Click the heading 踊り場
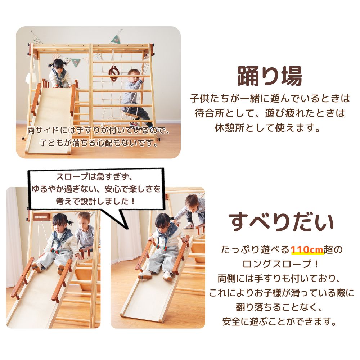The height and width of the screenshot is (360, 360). point(270,76)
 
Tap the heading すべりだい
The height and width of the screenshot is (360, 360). point(281,222)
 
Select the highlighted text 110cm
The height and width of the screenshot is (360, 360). point(307,249)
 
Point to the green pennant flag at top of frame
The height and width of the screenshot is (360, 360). point(116,40)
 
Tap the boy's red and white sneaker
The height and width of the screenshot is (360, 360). point(189,225)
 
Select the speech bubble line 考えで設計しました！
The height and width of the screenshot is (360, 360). point(96,202)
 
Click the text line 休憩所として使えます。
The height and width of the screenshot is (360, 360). point(268,128)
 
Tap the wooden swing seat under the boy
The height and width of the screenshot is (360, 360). point(130,115)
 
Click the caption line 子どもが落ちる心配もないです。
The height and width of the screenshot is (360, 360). point(99,143)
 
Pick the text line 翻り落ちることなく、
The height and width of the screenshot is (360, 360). point(279,307)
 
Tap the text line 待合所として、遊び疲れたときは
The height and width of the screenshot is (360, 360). point(270,113)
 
